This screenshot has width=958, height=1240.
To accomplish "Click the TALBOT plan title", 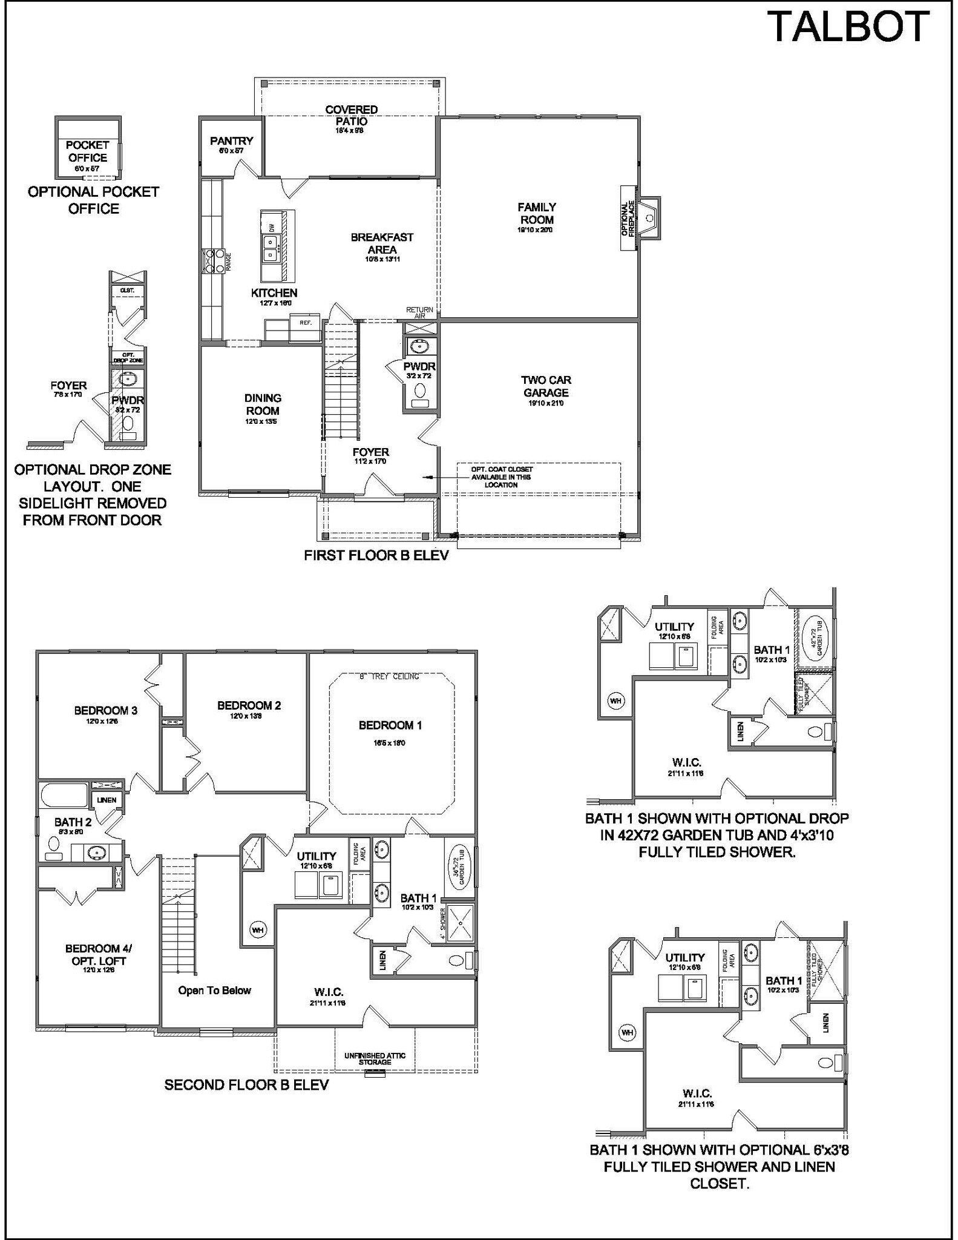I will (848, 27).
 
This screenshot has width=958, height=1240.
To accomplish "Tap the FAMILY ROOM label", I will (536, 214).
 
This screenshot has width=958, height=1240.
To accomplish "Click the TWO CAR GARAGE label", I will (546, 386).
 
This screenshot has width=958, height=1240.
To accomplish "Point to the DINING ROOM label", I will (263, 404).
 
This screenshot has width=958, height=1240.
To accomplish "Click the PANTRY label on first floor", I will (231, 141).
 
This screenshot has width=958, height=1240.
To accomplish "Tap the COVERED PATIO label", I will (351, 115).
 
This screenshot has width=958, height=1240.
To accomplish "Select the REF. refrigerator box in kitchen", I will (306, 323).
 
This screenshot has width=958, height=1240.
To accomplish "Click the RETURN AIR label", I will (419, 313).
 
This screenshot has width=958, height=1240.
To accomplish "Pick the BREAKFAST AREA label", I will (382, 243).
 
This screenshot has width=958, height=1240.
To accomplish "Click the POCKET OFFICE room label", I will (87, 151).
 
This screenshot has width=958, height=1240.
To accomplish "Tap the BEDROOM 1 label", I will (390, 725).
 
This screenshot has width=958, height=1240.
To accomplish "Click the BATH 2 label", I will (73, 822).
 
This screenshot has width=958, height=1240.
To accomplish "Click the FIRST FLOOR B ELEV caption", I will (376, 555).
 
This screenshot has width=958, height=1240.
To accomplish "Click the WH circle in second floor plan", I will (258, 929).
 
